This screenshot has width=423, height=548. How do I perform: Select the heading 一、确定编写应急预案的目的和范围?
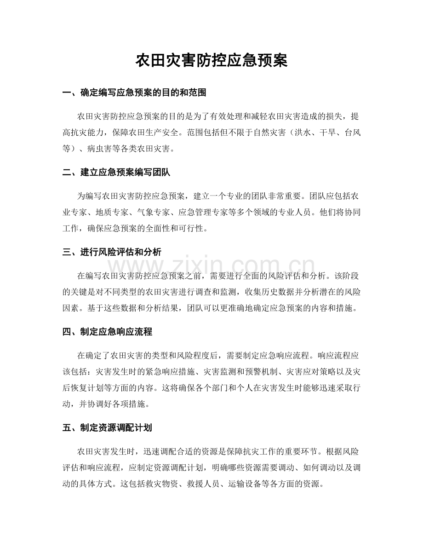[x=134, y=93]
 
